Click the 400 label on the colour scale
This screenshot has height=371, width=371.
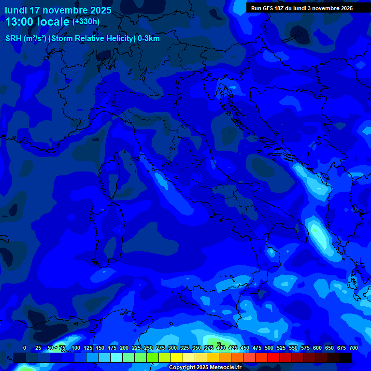pos(221,348)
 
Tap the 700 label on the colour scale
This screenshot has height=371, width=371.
pos(353,348)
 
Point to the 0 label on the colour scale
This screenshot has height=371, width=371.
pos(25,348)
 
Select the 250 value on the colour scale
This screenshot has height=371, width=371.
pos(148,348)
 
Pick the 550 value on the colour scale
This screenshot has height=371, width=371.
pos(293,348)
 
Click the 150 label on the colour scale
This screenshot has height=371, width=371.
pos(100,348)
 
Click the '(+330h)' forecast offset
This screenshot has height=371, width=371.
pos(86,22)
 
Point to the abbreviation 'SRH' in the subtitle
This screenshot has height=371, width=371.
pos(13,39)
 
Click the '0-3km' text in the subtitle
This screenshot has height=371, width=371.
pos(149,39)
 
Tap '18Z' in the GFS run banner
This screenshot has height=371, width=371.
pos(279,8)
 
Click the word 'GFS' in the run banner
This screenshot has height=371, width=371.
pos(267,8)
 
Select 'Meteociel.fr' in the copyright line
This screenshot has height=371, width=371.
pos(225,368)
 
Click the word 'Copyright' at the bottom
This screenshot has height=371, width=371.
pos(182,368)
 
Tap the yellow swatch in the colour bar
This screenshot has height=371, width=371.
pos(177,358)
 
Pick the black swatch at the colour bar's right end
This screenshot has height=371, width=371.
pos(346,358)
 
